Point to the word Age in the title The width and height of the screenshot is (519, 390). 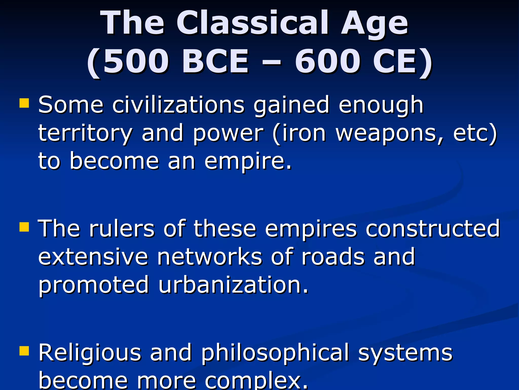point(374,24)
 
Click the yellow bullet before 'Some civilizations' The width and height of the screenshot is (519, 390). point(24,103)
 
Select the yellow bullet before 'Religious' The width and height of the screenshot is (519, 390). point(24,351)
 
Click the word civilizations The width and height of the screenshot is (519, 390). point(178,105)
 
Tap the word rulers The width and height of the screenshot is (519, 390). point(121,229)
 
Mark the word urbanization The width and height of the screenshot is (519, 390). point(233,285)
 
